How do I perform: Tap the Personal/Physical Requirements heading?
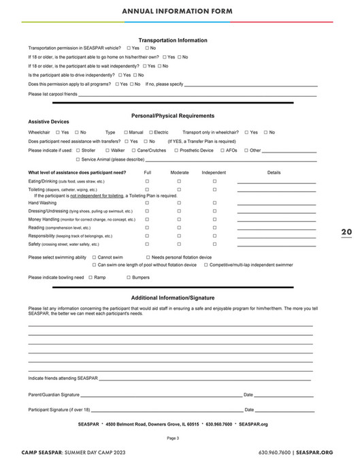pyautogui.click(x=172, y=116)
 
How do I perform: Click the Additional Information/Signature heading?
pyautogui.click(x=172, y=298)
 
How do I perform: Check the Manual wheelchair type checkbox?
pyautogui.click(x=126, y=132)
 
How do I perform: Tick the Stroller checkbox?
pyautogui.click(x=78, y=150)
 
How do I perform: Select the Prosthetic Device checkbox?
pyautogui.click(x=175, y=150)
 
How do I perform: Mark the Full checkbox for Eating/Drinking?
pyautogui.click(x=147, y=182)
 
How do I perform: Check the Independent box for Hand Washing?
pyautogui.click(x=214, y=203)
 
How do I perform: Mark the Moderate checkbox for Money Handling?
pyautogui.click(x=179, y=220)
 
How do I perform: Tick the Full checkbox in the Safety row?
pyautogui.click(x=147, y=244)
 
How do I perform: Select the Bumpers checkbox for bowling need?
pyautogui.click(x=127, y=278)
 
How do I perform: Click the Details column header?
pyautogui.click(x=274, y=173)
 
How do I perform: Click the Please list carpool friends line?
pyautogui.click(x=197, y=94)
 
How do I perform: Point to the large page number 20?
pyautogui.click(x=346, y=232)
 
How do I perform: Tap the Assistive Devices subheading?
pyautogui.click(x=48, y=123)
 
